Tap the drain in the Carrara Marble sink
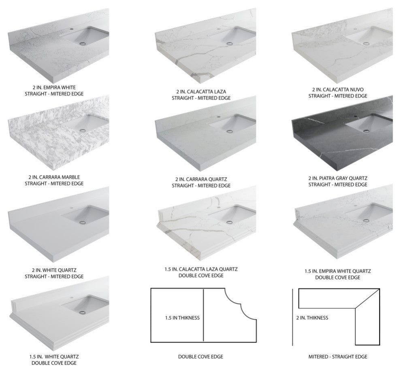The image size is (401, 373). [x=83, y=130]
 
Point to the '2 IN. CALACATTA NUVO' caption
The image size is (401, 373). [x=337, y=89]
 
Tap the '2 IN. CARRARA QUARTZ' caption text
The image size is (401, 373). [x=200, y=179]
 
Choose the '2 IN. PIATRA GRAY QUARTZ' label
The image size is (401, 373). [x=337, y=178]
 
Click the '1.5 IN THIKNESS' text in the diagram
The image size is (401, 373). [x=182, y=318]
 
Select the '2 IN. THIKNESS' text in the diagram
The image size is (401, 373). [x=312, y=318]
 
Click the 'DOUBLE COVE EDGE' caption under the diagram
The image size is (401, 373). [x=200, y=356]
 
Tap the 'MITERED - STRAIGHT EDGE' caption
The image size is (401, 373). [x=337, y=356]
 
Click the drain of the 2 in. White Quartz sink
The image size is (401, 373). [x=83, y=222]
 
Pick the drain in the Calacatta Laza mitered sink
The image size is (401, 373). [x=230, y=43]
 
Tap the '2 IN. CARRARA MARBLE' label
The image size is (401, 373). [x=54, y=177]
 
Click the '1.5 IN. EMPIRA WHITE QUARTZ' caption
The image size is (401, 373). [x=337, y=271]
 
